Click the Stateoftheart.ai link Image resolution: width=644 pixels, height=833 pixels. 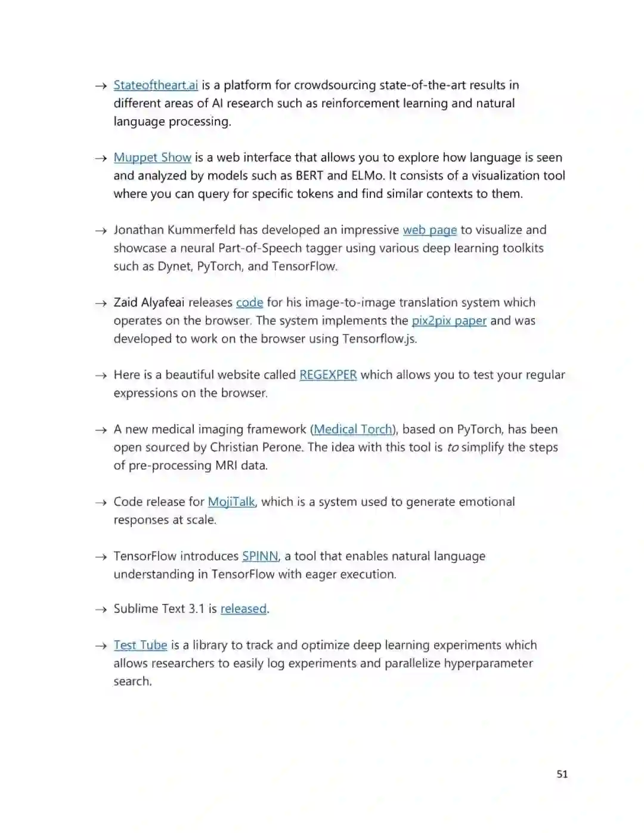point(156,85)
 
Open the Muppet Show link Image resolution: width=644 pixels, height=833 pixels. point(152,157)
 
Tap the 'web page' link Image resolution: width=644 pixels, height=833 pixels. point(429,230)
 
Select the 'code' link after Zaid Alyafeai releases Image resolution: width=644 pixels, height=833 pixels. point(249,302)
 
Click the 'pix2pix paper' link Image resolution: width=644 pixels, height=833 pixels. point(449,321)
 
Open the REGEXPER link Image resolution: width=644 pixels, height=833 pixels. point(328,375)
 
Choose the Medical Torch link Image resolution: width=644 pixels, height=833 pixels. point(353,429)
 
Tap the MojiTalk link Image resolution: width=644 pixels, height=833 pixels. point(231,502)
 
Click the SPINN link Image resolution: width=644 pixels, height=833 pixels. point(260,556)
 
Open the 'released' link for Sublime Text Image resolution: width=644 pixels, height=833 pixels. point(243,609)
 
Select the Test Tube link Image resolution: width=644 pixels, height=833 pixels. point(140,645)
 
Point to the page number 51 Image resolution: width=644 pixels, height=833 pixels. point(562,774)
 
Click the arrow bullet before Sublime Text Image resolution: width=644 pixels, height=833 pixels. point(101,609)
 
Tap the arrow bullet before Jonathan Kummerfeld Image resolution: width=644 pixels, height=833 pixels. point(101,231)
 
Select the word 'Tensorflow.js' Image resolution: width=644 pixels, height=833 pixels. point(379,339)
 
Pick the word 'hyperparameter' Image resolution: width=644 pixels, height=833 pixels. point(488,663)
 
